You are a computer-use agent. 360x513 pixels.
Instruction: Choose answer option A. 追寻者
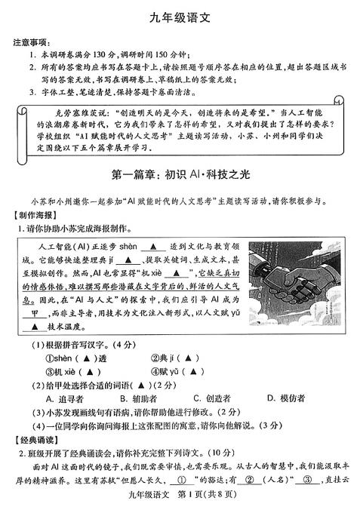pos(65,398)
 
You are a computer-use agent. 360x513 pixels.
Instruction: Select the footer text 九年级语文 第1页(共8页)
pos(180,505)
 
